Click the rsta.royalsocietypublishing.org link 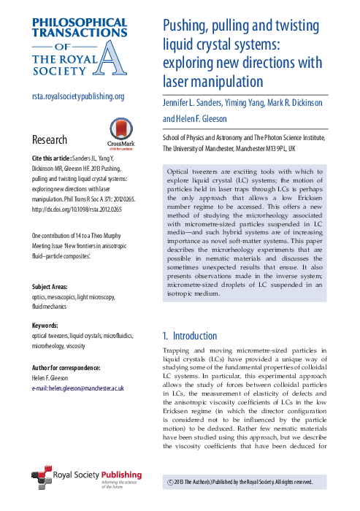[78, 96]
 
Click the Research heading [50, 139]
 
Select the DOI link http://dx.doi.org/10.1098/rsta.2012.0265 [77, 209]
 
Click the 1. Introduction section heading [189, 336]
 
